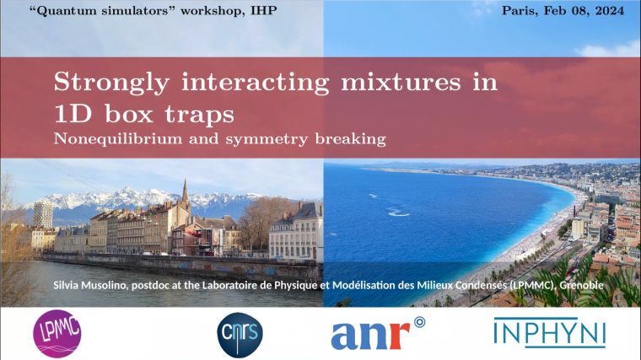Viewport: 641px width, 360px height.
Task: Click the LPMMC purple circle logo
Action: [x=57, y=333]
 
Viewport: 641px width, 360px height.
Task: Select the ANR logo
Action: [x=376, y=333]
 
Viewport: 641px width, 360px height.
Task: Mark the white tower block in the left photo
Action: [x=42, y=213]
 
